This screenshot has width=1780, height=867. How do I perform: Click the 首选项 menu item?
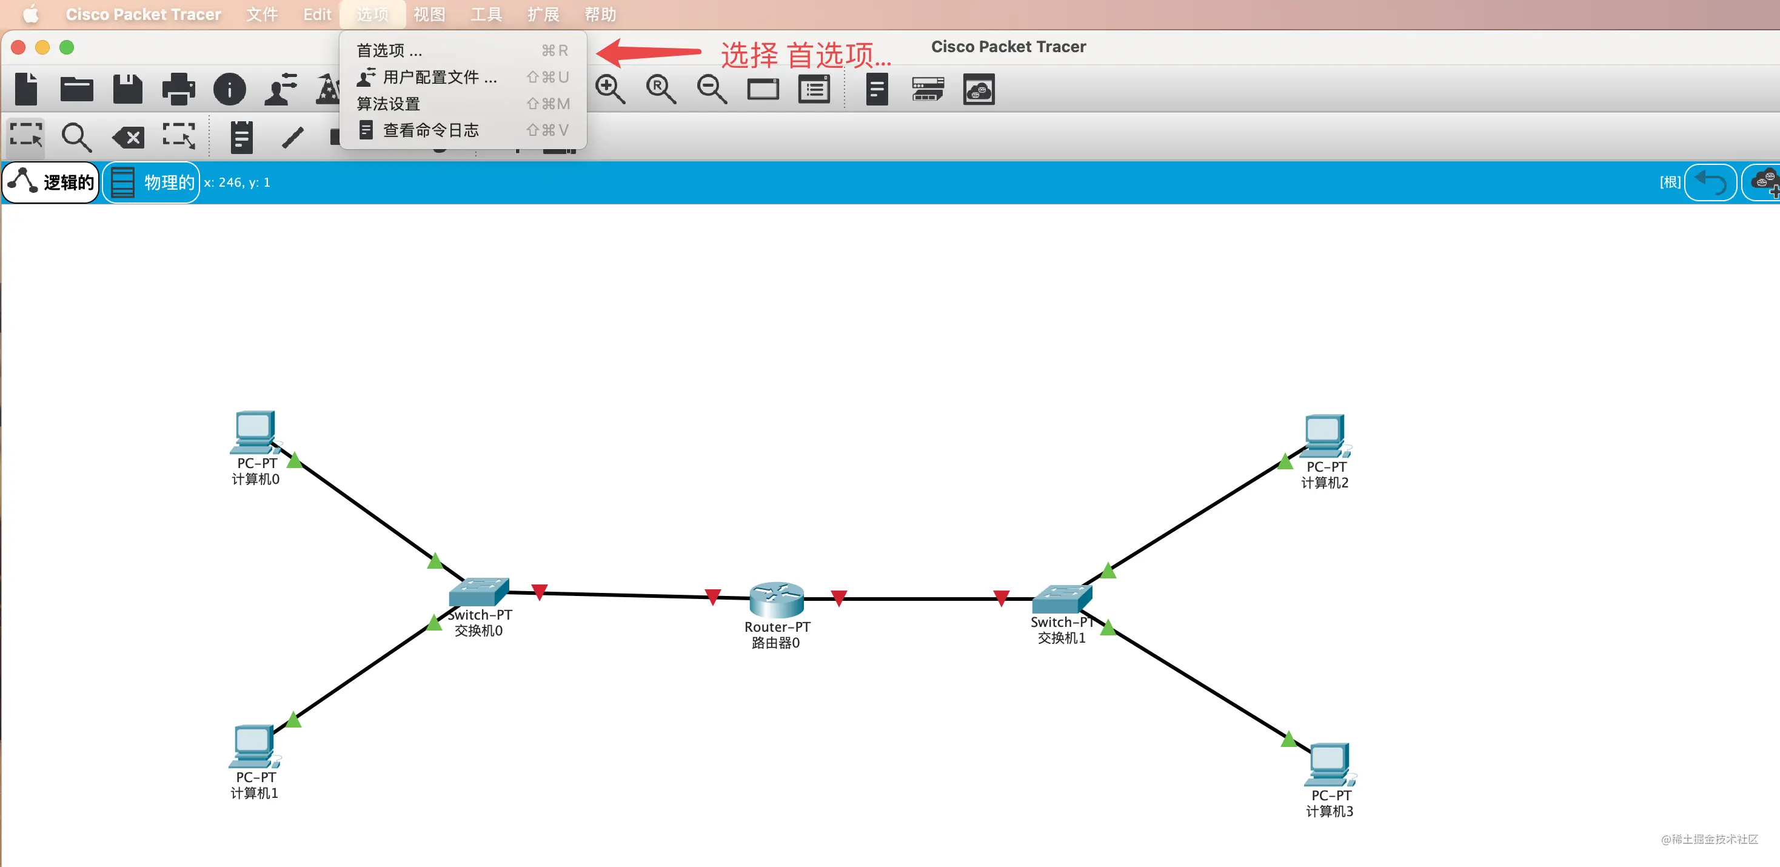point(389,50)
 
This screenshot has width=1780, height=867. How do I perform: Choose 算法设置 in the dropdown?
point(389,104)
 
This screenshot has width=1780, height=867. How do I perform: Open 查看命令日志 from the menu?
point(430,130)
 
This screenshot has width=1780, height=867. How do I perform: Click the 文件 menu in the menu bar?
point(262,15)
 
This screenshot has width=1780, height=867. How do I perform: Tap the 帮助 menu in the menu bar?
point(600,15)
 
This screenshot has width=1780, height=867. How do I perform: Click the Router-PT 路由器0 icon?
point(777,599)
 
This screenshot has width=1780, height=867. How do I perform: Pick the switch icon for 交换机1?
point(1062,599)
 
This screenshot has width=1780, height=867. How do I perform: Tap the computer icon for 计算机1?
point(253,746)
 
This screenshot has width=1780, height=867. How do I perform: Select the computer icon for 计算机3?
point(1330,765)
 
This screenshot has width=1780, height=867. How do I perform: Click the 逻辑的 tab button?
point(51,182)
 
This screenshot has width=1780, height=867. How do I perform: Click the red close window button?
point(19,47)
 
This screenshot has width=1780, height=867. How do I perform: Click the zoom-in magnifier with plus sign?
point(610,90)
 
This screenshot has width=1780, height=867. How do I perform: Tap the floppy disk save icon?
point(128,89)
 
